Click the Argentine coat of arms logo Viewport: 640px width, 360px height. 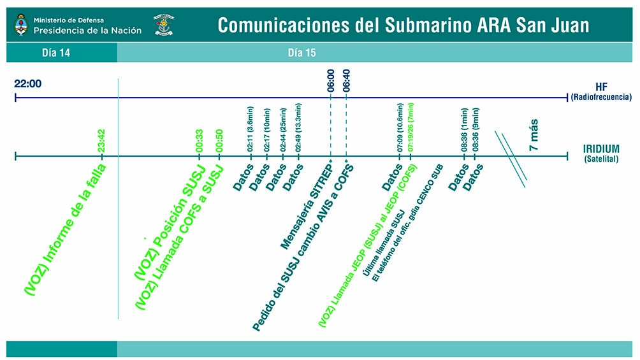(21, 25)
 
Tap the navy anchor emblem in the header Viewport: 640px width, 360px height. (164, 25)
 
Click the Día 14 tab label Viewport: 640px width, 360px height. (56, 53)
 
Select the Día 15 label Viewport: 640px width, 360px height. (302, 53)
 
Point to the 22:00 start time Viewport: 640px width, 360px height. (28, 83)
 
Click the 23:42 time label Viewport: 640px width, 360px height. (101, 141)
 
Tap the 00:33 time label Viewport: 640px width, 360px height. (199, 141)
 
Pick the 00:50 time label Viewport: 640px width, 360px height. (219, 141)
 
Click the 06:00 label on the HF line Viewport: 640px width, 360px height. (331, 81)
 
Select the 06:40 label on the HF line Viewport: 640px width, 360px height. (346, 81)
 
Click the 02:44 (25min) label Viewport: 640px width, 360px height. (282, 130)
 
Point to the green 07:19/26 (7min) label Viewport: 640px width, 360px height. (411, 127)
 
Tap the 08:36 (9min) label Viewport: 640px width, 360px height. (476, 130)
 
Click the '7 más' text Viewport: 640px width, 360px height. (534, 135)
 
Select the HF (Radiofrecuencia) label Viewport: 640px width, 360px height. (601, 91)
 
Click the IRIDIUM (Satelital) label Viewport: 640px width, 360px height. (601, 154)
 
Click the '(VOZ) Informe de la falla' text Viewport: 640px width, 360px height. (65, 229)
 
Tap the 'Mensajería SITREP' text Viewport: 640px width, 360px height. (306, 204)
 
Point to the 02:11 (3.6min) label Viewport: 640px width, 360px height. (250, 129)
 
